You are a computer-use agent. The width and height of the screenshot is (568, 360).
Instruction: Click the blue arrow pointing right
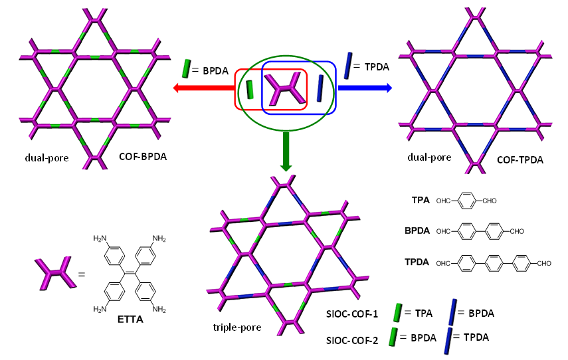tap(365, 86)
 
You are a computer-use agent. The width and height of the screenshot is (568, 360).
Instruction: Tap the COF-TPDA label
tap(519, 160)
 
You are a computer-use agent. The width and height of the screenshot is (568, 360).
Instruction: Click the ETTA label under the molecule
tap(130, 318)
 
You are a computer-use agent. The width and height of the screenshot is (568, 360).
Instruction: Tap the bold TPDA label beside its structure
tap(419, 263)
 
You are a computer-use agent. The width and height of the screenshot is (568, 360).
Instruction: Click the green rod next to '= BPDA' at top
tap(186, 68)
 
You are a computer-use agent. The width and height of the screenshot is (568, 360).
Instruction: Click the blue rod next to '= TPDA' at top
tap(348, 66)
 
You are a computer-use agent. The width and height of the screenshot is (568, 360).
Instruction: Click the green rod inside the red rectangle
tap(250, 90)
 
